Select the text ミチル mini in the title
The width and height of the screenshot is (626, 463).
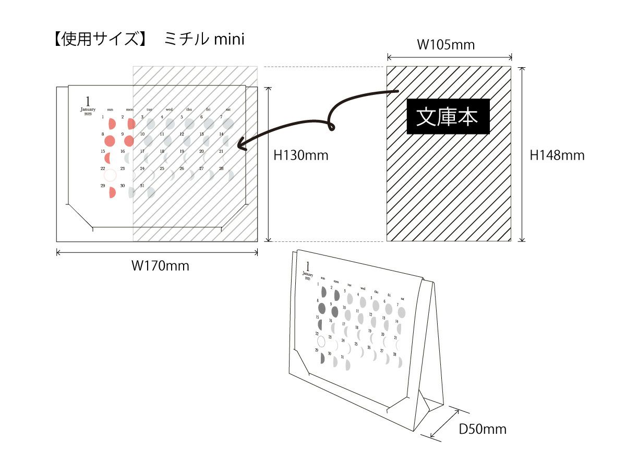[204, 40]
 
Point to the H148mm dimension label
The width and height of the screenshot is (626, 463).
[557, 155]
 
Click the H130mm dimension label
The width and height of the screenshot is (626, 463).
[301, 155]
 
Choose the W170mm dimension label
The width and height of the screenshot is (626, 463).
[160, 266]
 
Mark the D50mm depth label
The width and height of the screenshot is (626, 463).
[483, 429]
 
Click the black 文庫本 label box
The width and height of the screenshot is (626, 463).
[448, 117]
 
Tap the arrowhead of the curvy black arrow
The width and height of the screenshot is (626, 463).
[241, 144]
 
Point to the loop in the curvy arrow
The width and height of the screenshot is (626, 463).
[330, 126]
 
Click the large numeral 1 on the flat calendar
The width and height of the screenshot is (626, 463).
[88, 101]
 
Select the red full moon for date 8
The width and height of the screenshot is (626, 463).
[110, 140]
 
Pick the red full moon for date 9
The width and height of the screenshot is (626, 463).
[129, 140]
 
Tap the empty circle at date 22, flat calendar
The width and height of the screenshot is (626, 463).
[110, 175]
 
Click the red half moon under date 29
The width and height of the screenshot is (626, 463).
[112, 192]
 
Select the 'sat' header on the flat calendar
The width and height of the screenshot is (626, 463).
[228, 109]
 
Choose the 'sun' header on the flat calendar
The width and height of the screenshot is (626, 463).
[110, 109]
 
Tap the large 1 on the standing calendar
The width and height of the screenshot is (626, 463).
[307, 266]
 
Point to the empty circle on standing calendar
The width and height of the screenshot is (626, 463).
[321, 342]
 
